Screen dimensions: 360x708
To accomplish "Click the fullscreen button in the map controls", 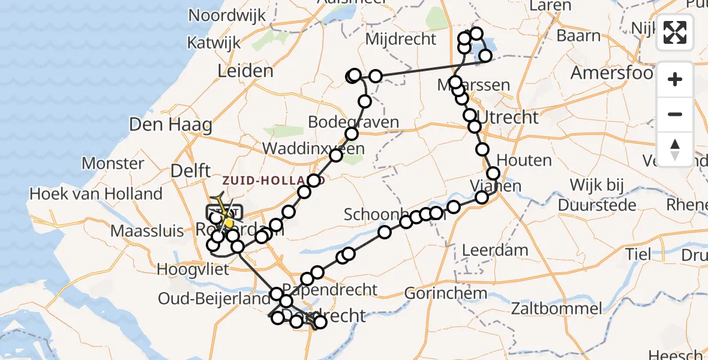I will point(675,32).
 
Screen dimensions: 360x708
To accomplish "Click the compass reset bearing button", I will point(675,149).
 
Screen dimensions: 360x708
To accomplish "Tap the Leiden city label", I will point(245,71).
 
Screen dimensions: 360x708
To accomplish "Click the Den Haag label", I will point(171,125).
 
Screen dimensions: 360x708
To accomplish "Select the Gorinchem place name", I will point(445,293).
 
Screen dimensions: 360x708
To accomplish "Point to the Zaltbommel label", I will point(556,308).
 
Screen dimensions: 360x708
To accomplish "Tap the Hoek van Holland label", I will point(96,194).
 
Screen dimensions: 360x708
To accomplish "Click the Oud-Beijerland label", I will point(214,298).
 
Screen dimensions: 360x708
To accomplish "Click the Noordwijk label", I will point(227,16).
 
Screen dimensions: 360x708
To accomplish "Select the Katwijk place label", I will point(214,43).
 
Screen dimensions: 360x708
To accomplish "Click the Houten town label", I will point(524,160).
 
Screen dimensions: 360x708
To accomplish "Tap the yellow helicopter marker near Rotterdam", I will point(228,223).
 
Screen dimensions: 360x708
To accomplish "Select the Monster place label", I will point(113,163).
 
